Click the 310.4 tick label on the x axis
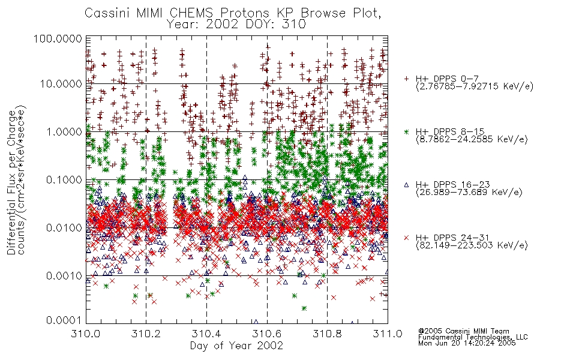[206, 334]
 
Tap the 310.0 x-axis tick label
[86, 334]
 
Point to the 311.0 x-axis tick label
[388, 334]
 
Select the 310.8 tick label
[327, 334]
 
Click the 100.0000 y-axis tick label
[58, 38]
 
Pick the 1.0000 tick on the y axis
[64, 131]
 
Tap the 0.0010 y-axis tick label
[64, 275]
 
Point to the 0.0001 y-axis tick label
[64, 320]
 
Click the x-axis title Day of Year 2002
[236, 346]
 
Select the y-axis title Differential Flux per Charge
[11, 182]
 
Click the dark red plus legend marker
[406, 78]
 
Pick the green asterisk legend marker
[406, 131]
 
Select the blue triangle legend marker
[406, 185]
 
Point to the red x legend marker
[406, 238]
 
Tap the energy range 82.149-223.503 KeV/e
[472, 245]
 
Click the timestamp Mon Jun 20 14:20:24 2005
[467, 343]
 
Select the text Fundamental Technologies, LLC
[473, 337]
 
